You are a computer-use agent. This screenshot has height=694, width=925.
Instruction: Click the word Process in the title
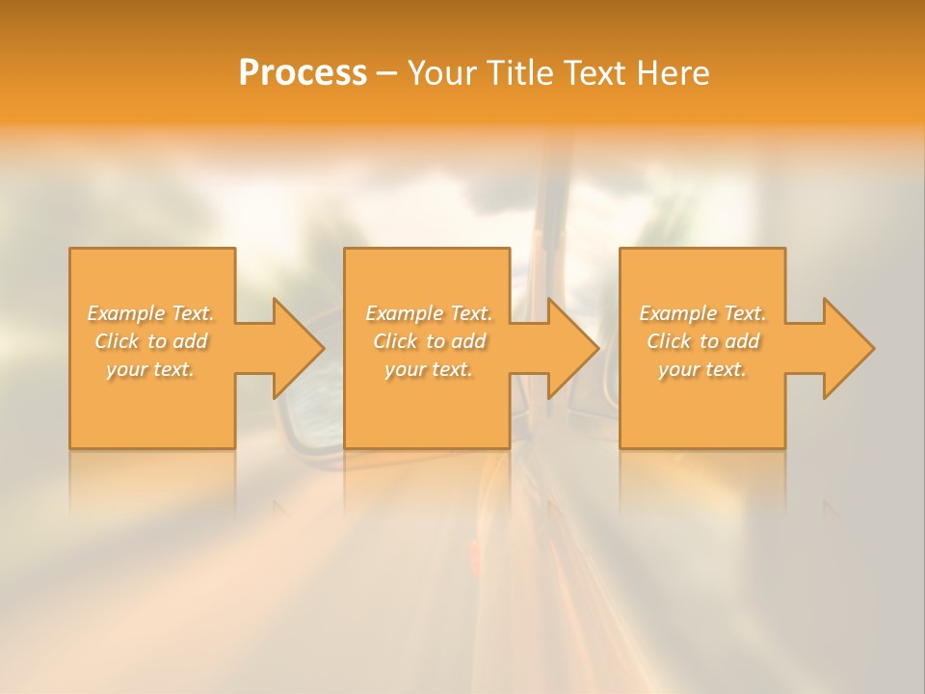303,73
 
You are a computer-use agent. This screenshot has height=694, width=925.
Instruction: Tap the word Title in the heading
520,73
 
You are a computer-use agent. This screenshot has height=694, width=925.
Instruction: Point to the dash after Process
386,74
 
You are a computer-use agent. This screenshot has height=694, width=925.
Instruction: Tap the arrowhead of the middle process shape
571,348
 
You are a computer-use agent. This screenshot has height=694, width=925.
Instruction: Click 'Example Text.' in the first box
151,313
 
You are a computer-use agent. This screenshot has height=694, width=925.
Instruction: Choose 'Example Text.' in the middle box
429,313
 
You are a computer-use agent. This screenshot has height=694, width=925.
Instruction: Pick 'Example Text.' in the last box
702,313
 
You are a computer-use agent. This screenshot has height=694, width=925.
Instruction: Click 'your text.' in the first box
151,369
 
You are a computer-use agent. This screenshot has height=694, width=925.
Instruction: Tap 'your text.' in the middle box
429,369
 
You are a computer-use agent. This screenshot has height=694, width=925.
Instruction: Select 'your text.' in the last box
702,369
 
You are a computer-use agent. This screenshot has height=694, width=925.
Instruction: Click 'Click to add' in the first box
151,341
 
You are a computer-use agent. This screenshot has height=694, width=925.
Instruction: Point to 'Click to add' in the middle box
429,341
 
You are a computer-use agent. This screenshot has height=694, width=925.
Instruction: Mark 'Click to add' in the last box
702,341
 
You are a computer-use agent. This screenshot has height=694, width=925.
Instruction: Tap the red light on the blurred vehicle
473,554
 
